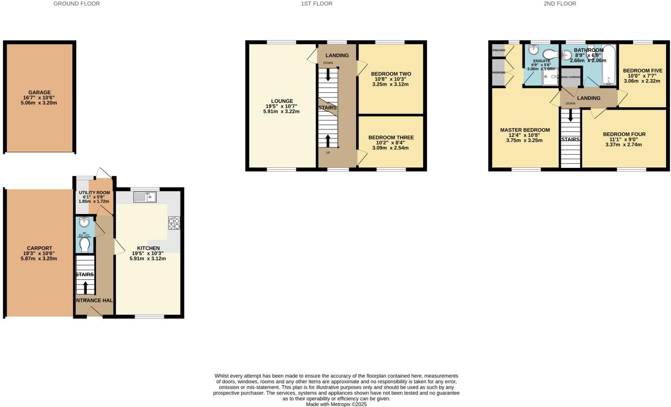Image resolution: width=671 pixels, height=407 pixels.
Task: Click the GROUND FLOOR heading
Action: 76,3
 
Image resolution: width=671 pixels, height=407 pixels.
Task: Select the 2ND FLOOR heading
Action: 559,3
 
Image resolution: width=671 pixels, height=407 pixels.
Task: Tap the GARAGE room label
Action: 39,92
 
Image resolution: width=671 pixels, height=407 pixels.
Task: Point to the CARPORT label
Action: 39,248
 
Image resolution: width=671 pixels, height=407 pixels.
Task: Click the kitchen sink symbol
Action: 144,197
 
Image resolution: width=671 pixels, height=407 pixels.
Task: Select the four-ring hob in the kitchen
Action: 174,223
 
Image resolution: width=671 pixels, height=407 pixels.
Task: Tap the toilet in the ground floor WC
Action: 85,245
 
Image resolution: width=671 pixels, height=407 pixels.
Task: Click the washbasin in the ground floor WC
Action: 85,223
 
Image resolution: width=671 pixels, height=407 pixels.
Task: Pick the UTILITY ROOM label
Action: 94,193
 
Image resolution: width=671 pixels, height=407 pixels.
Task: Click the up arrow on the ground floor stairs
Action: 85,287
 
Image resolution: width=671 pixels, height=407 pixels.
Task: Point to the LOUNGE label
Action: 281,101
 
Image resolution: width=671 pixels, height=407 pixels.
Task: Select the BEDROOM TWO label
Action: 391,74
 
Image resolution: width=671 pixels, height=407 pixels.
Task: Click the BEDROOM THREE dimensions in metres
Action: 391,148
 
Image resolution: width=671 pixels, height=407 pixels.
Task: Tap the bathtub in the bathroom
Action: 608,65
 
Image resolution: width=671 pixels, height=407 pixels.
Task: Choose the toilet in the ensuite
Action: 551,53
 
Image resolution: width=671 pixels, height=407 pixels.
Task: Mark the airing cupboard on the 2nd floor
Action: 571,78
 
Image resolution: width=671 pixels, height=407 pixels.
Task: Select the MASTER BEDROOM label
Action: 524,130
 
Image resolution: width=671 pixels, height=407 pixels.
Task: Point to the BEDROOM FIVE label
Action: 642,70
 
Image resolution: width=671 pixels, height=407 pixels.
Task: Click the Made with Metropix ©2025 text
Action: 336,404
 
